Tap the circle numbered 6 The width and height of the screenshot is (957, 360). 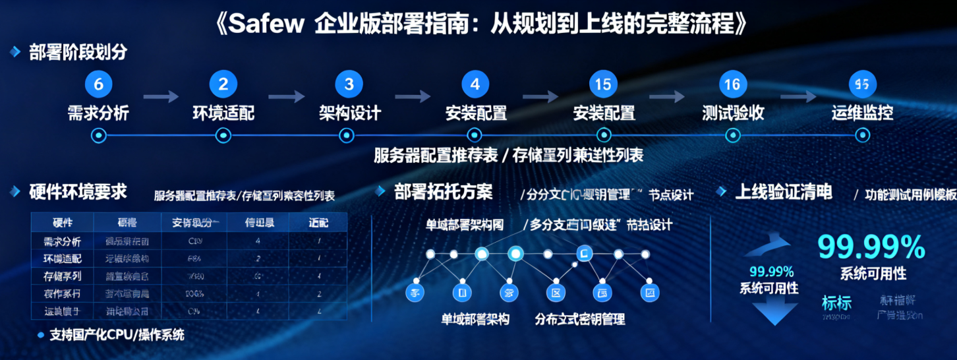coord(99,84)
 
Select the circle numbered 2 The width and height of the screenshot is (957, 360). coord(223,84)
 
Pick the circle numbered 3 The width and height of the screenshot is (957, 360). coord(349,84)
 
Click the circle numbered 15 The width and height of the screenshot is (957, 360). coord(603,84)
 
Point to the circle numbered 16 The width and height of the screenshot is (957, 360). coord(732,84)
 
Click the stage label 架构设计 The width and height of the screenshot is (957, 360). coord(349,113)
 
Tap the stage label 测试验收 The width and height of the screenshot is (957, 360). coord(733,113)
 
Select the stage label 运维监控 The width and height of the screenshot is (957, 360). coord(862,113)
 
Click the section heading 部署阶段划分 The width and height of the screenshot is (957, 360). coord(78,52)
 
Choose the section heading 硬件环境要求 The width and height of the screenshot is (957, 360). coord(78,192)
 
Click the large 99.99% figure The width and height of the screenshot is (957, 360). coord(871,247)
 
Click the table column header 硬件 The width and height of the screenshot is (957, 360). coord(62,222)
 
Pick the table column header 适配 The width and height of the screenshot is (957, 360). coord(318,222)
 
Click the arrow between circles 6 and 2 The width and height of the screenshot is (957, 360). coord(161,97)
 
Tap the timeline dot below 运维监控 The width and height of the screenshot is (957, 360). coord(862,135)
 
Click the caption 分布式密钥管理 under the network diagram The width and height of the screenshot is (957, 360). coord(580,319)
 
